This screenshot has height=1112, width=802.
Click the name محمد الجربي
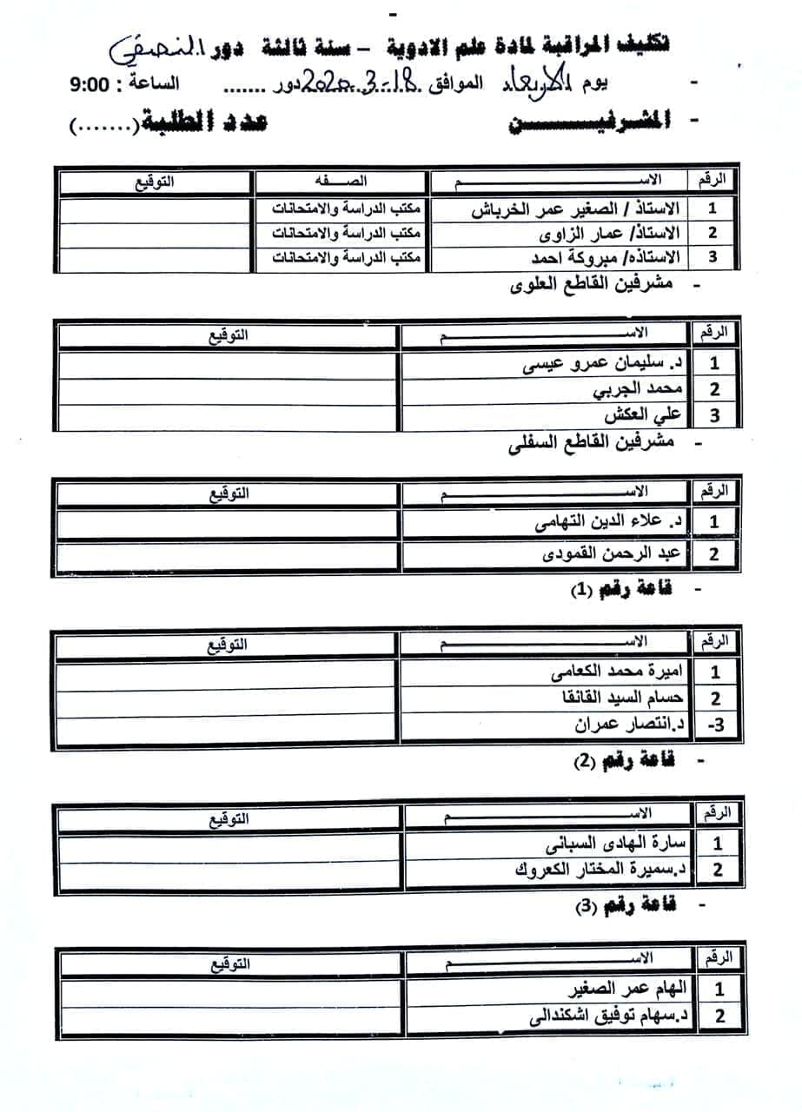coord(640,389)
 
